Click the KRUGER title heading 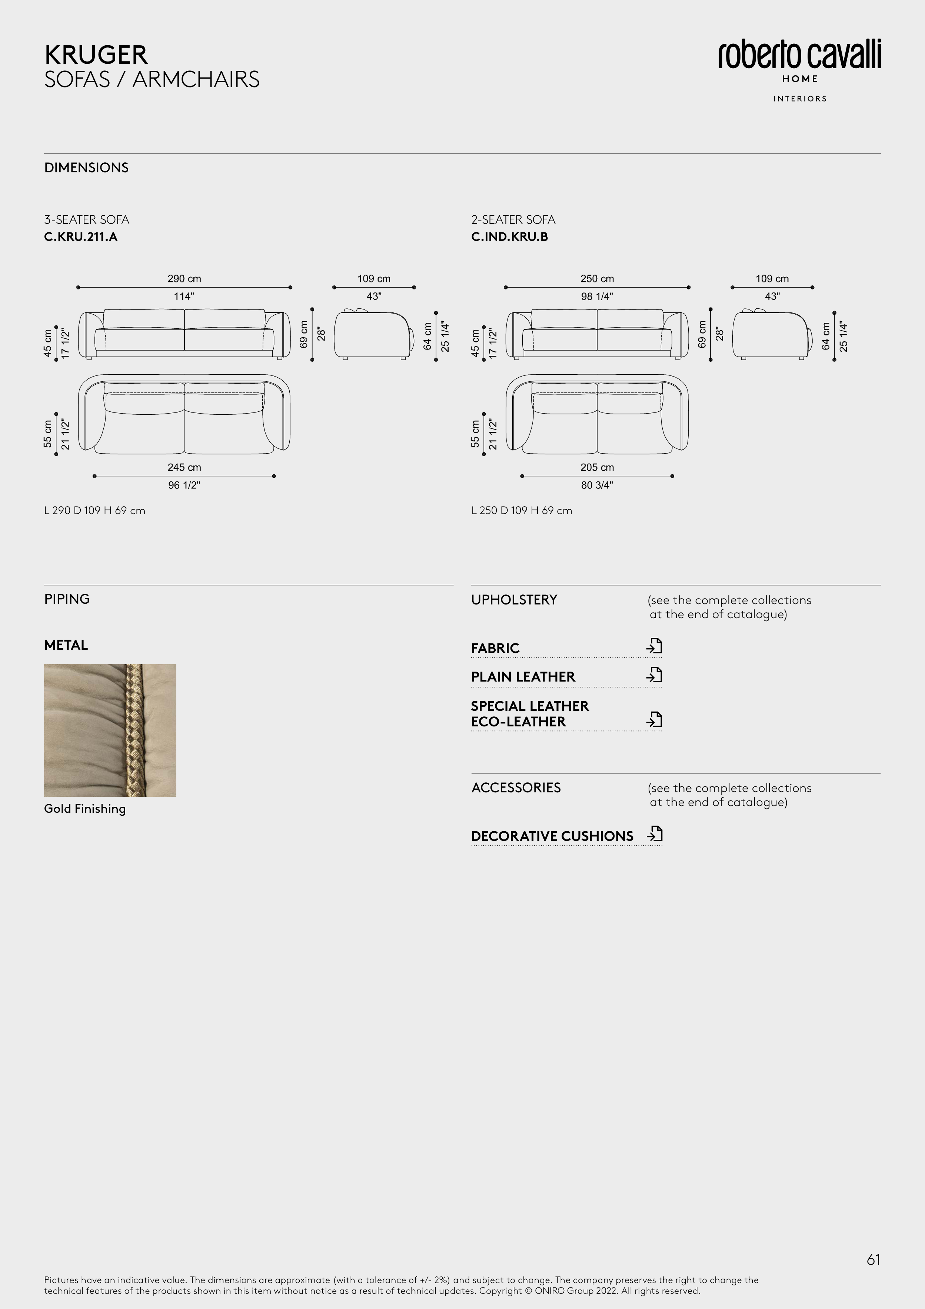(96, 55)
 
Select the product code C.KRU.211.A (81, 237)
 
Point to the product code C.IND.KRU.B (509, 237)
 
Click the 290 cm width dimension (184, 279)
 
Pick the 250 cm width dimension (597, 279)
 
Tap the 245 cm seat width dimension (184, 467)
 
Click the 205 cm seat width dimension (597, 467)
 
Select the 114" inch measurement (184, 296)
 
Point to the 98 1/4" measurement (597, 296)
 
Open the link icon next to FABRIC (654, 646)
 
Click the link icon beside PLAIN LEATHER (654, 675)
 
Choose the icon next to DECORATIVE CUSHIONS (654, 834)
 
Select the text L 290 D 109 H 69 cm (94, 511)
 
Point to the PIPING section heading (67, 599)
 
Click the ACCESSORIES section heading (516, 788)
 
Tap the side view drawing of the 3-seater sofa (374, 335)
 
